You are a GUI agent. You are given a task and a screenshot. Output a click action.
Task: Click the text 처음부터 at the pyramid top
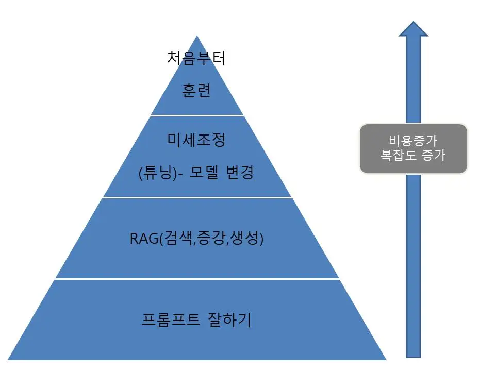click(x=196, y=58)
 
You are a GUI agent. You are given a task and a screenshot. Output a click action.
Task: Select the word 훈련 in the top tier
click(x=196, y=91)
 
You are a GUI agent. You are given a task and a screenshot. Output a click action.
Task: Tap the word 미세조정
click(x=196, y=140)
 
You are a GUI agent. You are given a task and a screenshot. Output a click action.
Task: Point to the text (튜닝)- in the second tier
click(x=161, y=173)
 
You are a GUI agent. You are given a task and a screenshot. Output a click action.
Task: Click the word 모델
click(x=204, y=172)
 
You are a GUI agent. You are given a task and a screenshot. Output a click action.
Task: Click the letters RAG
click(x=144, y=239)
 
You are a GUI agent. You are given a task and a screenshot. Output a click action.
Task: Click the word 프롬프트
click(x=171, y=319)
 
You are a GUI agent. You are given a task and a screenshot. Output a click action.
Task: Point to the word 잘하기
click(x=229, y=319)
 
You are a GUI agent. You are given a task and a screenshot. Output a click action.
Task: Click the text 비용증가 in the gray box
click(x=413, y=141)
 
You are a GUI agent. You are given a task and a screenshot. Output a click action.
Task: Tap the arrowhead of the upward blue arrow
click(x=414, y=29)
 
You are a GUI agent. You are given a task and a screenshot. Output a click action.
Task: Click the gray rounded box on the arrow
click(x=414, y=148)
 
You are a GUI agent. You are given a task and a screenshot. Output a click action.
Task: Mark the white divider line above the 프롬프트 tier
click(x=197, y=279)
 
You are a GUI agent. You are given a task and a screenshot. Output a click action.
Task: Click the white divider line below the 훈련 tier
click(x=197, y=115)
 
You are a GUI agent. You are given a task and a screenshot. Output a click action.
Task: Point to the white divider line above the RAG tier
click(x=197, y=197)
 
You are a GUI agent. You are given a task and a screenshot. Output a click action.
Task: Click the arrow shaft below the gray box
click(x=414, y=266)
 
